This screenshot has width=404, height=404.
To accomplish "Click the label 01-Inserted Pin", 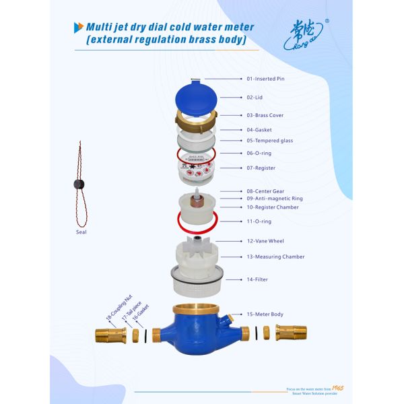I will click(265, 79).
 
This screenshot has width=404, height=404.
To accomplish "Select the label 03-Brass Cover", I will click(265, 115).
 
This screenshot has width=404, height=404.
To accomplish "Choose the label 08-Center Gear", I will click(265, 191).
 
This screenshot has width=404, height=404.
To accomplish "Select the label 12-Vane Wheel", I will click(265, 240).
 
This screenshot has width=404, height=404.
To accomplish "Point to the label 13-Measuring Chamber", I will click(275, 257).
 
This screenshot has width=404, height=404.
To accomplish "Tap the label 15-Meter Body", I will click(265, 314).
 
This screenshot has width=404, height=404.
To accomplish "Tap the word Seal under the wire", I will click(81, 232).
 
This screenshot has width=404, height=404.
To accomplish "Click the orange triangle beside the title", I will click(78, 27).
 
